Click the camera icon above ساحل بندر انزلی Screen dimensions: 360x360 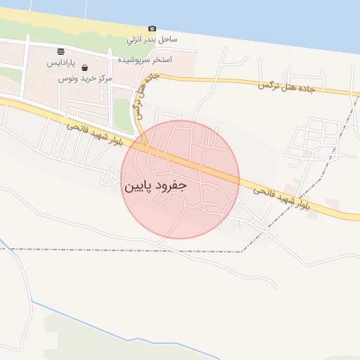(x=152, y=29)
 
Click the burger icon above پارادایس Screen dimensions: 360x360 (x=62, y=51)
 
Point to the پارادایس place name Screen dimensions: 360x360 (x=61, y=63)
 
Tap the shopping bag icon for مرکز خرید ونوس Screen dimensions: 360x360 (x=85, y=68)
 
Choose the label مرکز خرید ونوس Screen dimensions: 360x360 (x=85, y=79)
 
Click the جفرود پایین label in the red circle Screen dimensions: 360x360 (x=155, y=187)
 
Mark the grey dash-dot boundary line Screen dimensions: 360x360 (x=141, y=250)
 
